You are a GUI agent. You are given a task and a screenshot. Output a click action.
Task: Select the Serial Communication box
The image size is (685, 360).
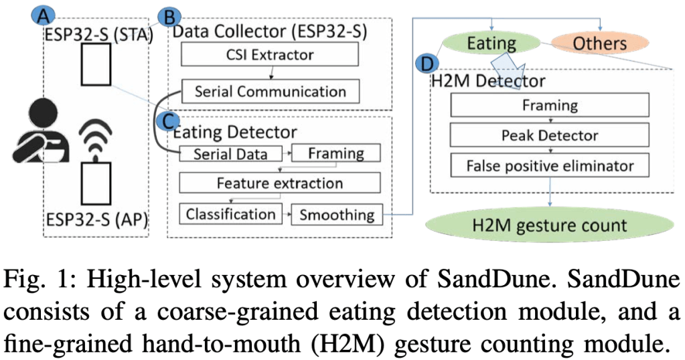point(270,91)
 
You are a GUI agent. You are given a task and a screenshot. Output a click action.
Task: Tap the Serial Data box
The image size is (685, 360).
point(230,153)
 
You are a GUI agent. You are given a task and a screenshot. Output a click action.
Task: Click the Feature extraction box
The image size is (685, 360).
point(279,183)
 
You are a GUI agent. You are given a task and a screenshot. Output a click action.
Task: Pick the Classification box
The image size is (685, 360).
point(230,214)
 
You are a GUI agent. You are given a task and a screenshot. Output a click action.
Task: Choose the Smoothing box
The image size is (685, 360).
point(337,214)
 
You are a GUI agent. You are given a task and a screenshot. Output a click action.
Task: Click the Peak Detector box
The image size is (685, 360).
point(550,136)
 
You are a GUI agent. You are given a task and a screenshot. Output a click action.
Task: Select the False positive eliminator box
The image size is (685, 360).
point(550,165)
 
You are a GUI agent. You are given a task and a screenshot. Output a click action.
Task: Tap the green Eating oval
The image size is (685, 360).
point(491,44)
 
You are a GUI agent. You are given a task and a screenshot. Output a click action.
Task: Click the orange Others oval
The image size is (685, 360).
point(599,44)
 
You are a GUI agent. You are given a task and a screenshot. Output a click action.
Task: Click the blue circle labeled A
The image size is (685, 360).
point(44,15)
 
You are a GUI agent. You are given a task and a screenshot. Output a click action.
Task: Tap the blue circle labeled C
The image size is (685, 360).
point(167,120)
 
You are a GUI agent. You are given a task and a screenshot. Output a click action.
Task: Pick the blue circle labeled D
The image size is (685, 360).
point(425,64)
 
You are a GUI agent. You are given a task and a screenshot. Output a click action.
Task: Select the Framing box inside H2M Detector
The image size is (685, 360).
point(550,105)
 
